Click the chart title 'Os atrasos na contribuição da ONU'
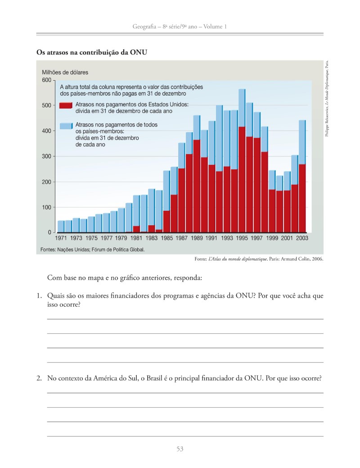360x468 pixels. pyautogui.click(x=92, y=52)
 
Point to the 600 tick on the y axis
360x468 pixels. pyautogui.click(x=46, y=80)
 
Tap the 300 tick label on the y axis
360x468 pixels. pyautogui.click(x=46, y=156)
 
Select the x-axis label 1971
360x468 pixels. pyautogui.click(x=61, y=238)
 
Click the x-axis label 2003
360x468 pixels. pyautogui.click(x=302, y=238)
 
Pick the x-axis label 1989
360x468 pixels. pyautogui.click(x=197, y=238)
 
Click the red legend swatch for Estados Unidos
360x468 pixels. pyautogui.click(x=66, y=105)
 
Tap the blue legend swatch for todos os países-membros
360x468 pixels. pyautogui.click(x=66, y=126)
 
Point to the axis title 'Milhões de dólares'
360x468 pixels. pyautogui.click(x=65, y=72)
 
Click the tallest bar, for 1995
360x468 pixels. pyautogui.click(x=242, y=160)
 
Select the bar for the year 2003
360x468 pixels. pyautogui.click(x=302, y=176)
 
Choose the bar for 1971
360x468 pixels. pyautogui.click(x=61, y=227)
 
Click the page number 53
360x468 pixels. pyautogui.click(x=180, y=449)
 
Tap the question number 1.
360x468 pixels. pyautogui.click(x=39, y=296)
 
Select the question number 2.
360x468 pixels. pyautogui.click(x=39, y=378)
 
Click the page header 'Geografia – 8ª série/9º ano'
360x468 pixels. pyautogui.click(x=165, y=27)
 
